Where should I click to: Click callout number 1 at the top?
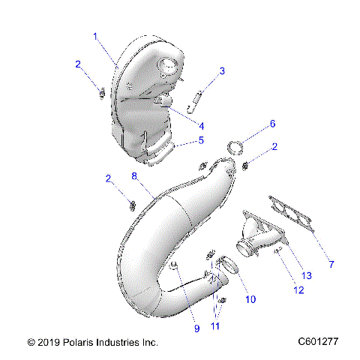click(x=95, y=35)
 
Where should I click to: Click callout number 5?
click(x=201, y=140)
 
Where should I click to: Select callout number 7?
click(x=331, y=263)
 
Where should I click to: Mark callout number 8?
click(x=134, y=176)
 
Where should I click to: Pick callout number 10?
click(x=250, y=299)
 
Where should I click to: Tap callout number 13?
click(x=307, y=276)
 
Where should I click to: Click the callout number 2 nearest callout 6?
click(x=275, y=148)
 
